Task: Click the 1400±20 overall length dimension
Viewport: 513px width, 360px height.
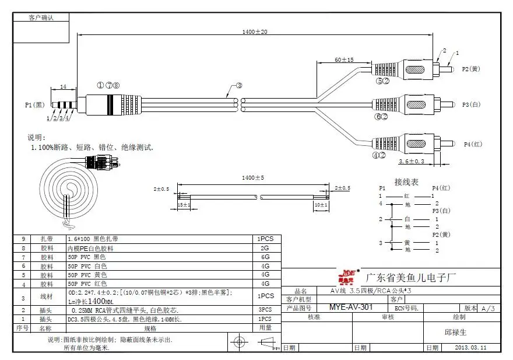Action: click(x=255, y=32)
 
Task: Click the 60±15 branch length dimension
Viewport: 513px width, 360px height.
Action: click(x=344, y=60)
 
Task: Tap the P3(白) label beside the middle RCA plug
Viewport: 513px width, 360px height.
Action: click(x=471, y=105)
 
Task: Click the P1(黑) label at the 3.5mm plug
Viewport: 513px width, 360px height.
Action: click(x=34, y=105)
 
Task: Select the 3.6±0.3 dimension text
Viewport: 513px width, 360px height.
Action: click(x=412, y=161)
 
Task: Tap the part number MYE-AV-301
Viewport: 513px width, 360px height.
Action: click(x=351, y=307)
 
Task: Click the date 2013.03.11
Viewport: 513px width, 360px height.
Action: click(x=470, y=347)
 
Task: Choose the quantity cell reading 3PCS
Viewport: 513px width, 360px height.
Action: click(x=265, y=310)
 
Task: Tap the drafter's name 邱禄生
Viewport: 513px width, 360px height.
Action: click(x=455, y=332)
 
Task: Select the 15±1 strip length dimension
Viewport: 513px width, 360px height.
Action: click(x=184, y=205)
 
